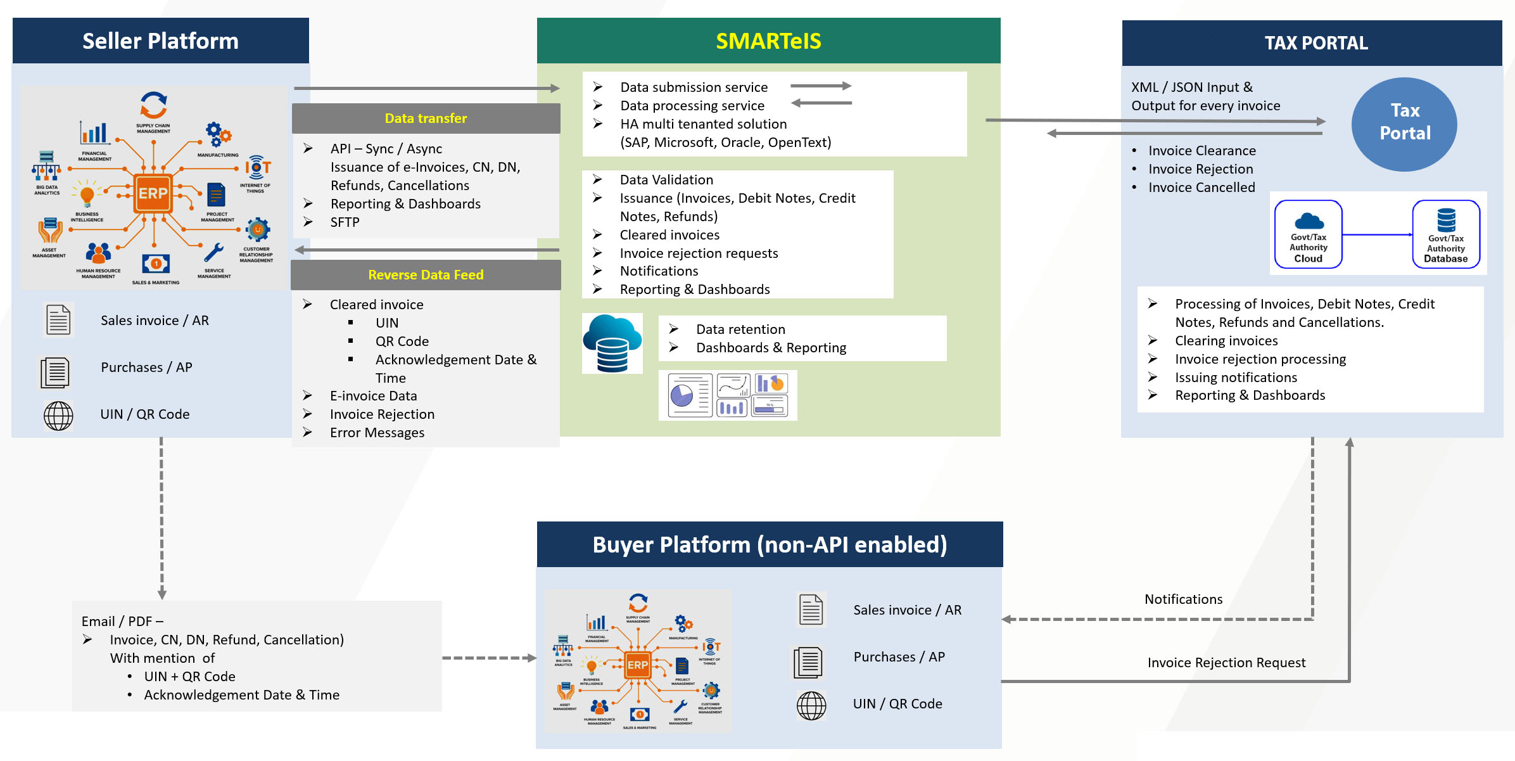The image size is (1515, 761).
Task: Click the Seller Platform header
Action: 160,41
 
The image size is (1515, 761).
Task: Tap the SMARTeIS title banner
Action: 768,41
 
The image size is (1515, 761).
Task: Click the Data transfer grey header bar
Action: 426,118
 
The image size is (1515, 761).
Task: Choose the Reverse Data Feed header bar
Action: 426,275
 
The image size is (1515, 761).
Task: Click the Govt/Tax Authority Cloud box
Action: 1308,235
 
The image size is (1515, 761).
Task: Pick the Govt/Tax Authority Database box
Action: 1445,235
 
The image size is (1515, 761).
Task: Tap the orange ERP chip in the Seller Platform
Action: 153,193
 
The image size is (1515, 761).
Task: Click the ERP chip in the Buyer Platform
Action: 637,665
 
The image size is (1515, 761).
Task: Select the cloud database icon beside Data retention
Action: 612,343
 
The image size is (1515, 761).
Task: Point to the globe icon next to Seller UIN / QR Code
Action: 58,416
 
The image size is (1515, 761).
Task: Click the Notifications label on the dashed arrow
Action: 1183,599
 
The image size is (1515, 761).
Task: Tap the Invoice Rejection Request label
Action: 1226,663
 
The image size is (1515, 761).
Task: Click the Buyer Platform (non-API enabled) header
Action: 770,545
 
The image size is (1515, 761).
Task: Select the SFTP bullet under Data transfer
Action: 345,222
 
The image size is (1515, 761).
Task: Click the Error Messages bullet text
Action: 377,433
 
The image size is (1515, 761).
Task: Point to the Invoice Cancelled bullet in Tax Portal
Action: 1201,188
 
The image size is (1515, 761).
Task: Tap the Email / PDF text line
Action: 122,622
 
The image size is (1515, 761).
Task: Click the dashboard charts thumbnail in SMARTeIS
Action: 728,395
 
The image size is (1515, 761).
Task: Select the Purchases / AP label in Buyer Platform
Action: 899,657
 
